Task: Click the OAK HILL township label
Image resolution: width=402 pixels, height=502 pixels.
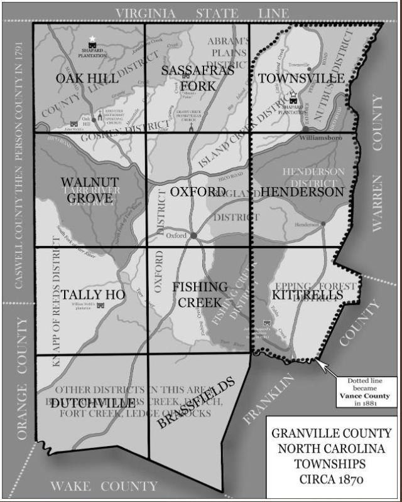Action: (x=87, y=78)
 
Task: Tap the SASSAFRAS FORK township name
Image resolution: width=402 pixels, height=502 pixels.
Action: (x=198, y=78)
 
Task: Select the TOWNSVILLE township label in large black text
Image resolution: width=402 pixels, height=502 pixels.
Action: (x=301, y=78)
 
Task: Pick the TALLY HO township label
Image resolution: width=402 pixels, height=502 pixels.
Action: (x=92, y=294)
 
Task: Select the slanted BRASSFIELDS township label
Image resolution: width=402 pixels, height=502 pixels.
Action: (x=195, y=402)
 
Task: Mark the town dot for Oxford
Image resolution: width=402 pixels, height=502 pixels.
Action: (x=193, y=235)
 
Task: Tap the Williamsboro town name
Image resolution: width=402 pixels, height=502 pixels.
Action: (x=319, y=136)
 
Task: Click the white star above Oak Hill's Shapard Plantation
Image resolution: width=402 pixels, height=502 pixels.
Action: (x=93, y=39)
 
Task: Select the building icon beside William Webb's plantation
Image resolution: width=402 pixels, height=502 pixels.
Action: (x=99, y=304)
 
